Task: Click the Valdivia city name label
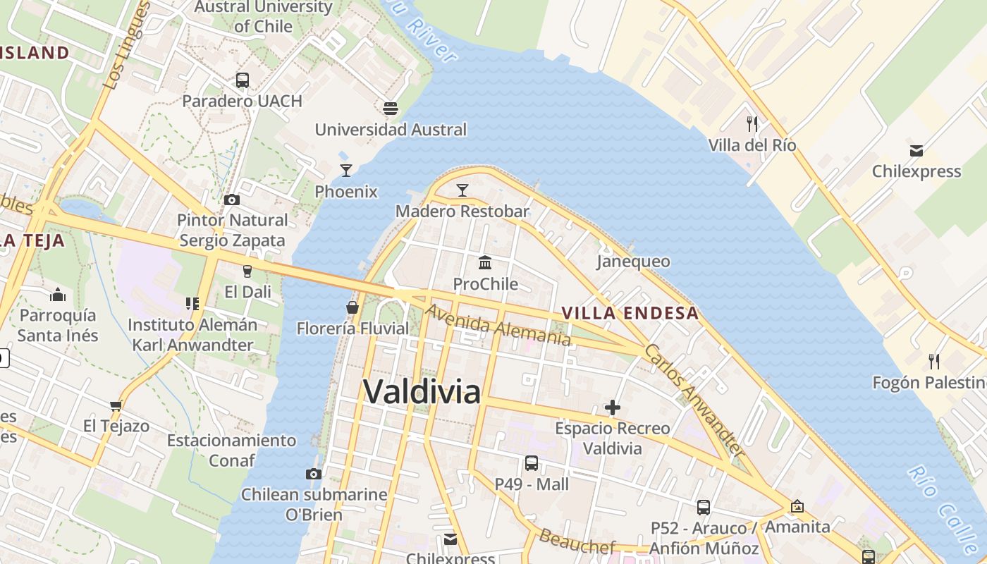coord(422,391)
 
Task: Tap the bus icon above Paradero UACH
coord(243,80)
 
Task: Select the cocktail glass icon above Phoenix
coord(346,170)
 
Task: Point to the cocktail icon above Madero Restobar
coord(462,190)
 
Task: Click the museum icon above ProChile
coord(485,262)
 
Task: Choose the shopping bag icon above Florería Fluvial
coord(352,307)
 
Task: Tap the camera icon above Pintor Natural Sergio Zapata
coord(232,200)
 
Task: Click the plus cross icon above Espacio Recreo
coord(613,407)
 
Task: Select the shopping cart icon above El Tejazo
coord(116,405)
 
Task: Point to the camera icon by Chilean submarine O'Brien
coord(314,474)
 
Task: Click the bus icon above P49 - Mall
coord(532,463)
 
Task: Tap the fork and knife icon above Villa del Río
coord(752,124)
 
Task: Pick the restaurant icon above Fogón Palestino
coord(934,362)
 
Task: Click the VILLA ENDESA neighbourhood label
coord(630,313)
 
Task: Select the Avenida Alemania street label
coord(498,324)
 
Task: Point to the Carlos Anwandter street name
coord(694,400)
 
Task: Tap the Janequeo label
coord(633,262)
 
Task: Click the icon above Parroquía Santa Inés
coord(58,294)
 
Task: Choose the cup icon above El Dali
coord(247,271)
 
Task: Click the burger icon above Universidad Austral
coord(391,108)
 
